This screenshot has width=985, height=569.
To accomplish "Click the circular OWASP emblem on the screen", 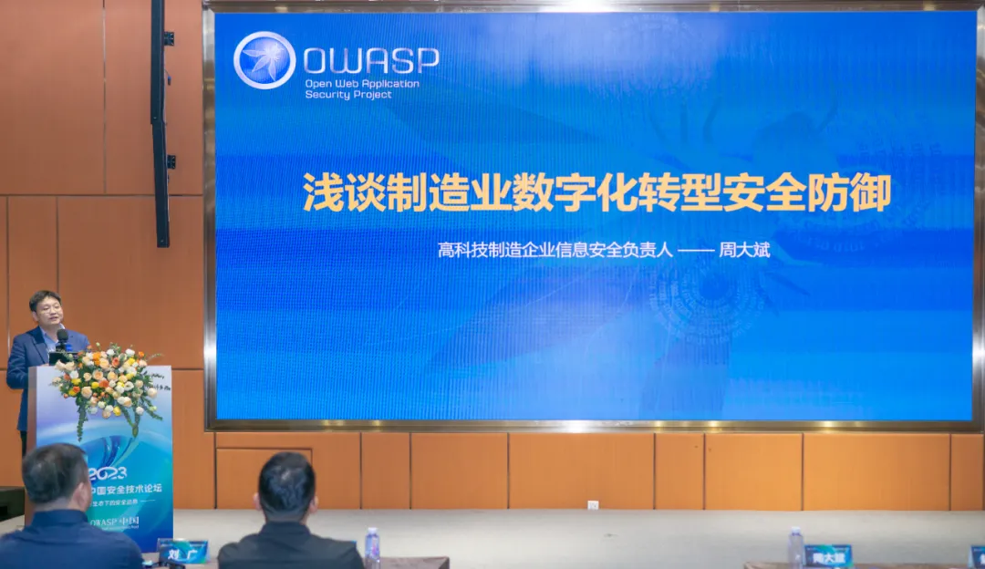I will pos(264,60).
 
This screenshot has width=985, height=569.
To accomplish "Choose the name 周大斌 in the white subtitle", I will pos(745,250).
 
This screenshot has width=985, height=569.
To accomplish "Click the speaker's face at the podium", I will pos(47,311).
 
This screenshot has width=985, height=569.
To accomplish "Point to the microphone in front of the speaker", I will pos(62,339).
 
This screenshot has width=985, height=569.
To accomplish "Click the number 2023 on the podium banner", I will pos(108,472).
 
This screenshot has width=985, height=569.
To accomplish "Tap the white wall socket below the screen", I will pos(593,504).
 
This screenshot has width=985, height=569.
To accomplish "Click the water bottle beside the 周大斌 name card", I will pos(795,548).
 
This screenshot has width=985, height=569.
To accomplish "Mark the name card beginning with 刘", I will pos(182,550).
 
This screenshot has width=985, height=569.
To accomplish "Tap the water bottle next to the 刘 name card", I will pos(372,547).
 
